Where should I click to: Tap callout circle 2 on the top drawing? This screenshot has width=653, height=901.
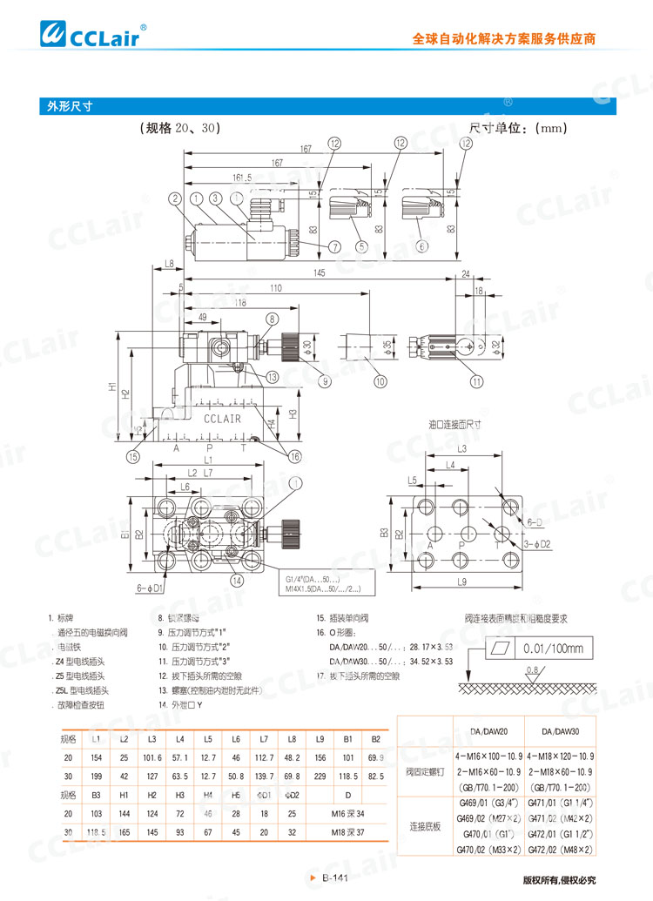pyautogui.click(x=175, y=198)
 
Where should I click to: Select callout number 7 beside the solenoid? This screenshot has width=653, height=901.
pyautogui.click(x=334, y=247)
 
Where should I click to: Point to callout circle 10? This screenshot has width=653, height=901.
pyautogui.click(x=380, y=380)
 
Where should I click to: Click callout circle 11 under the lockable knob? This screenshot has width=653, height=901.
pyautogui.click(x=476, y=380)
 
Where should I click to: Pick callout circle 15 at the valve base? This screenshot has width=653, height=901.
pyautogui.click(x=132, y=456)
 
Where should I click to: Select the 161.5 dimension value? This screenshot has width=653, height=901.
pyautogui.click(x=242, y=177)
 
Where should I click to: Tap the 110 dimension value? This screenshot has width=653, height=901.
pyautogui.click(x=275, y=288)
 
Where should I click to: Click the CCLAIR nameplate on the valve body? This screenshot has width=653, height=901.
pyautogui.click(x=222, y=419)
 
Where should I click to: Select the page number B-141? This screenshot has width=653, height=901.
pyautogui.click(x=334, y=878)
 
